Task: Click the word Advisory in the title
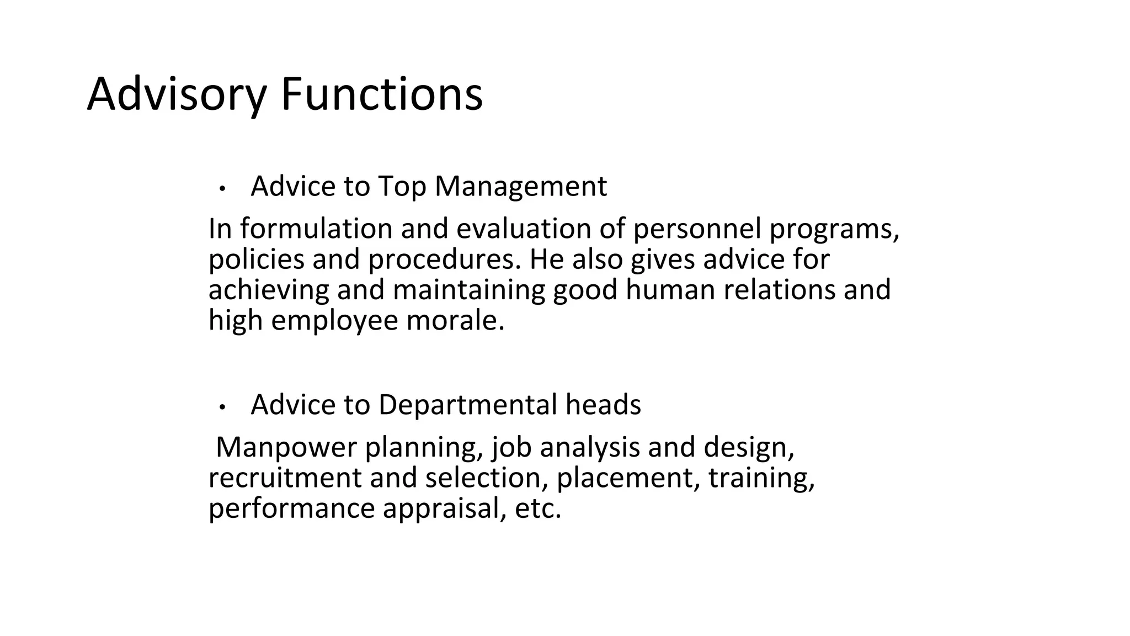point(177,95)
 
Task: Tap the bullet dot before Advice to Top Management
point(222,189)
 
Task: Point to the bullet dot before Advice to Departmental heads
point(222,407)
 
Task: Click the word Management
point(521,187)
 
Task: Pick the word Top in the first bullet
point(402,187)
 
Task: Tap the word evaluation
point(524,229)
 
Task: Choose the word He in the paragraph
point(547,259)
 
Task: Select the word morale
point(455,321)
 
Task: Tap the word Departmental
point(467,405)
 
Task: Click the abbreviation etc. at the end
point(538,508)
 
